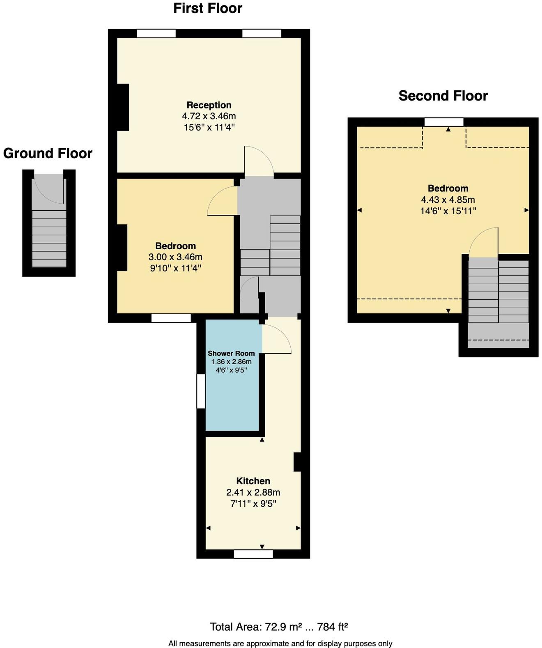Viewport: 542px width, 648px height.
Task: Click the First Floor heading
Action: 207,9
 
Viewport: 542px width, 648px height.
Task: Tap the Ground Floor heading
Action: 48,154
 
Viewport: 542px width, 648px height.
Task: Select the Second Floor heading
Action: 443,96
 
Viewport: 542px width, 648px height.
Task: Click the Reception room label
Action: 209,105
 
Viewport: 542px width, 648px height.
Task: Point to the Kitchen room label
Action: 253,481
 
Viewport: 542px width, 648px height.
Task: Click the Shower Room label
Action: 231,353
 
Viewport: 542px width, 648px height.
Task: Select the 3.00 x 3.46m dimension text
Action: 175,257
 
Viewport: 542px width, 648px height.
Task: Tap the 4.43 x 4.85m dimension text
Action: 448,200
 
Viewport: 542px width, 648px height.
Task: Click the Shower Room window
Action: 201,391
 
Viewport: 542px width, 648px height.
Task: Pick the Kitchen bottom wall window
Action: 253,554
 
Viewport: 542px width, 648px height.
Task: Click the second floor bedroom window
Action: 443,122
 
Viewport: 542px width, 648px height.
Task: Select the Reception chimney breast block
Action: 123,107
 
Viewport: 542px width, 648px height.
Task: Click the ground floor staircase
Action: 49,238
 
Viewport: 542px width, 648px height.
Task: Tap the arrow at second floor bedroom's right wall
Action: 526,210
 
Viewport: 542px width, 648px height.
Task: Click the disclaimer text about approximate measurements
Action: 280,643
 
